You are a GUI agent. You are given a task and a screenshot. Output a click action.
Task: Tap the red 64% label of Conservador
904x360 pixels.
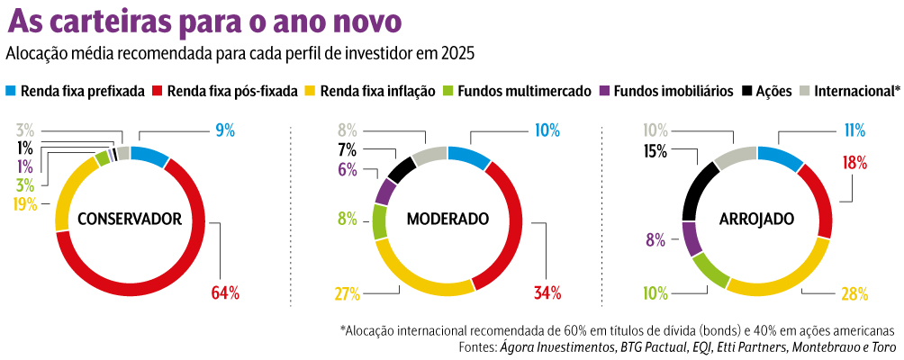(x=225, y=292)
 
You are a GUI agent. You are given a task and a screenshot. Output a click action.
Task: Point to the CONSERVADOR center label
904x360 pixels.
(x=130, y=218)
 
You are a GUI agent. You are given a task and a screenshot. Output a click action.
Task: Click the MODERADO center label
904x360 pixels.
(x=447, y=219)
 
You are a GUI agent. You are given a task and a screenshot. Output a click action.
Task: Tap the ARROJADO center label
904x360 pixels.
(x=756, y=219)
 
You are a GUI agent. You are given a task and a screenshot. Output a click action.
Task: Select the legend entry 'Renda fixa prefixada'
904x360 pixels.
(x=83, y=91)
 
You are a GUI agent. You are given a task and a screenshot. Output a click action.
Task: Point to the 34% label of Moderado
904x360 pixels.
(x=547, y=292)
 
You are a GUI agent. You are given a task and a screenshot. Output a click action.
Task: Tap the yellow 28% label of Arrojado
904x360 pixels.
(x=854, y=293)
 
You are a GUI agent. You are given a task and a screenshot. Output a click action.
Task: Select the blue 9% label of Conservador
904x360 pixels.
(x=225, y=130)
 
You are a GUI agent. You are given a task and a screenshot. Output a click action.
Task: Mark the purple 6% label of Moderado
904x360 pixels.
(x=348, y=169)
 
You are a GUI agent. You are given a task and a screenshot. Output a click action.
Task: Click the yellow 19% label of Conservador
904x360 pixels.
(x=24, y=203)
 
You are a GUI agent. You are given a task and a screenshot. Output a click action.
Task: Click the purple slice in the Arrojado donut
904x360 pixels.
(x=692, y=238)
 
